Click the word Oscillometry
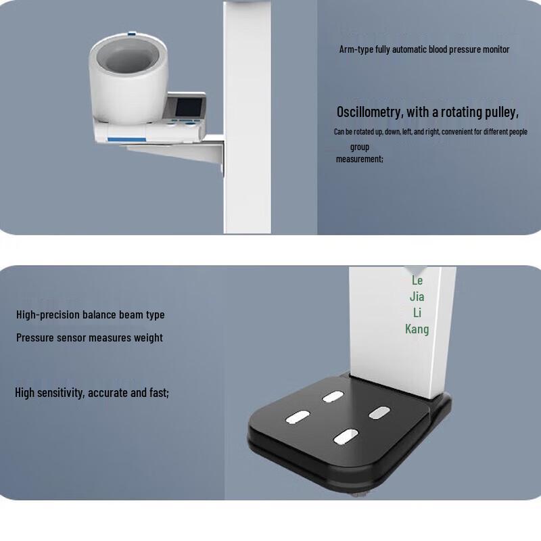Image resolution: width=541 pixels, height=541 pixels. tap(369, 112)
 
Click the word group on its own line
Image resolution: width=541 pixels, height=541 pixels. tap(360, 147)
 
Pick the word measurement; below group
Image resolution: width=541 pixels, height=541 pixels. tap(359, 159)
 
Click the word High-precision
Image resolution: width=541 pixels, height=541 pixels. tap(48, 314)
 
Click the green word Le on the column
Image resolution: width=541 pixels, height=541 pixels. tap(417, 280)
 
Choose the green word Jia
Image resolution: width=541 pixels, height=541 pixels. tap(417, 296)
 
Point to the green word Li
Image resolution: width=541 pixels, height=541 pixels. tap(417, 312)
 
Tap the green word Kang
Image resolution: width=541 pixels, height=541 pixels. tap(417, 329)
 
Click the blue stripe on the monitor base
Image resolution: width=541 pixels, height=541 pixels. tap(126, 139)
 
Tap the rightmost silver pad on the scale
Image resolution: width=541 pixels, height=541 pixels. tap(379, 411)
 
